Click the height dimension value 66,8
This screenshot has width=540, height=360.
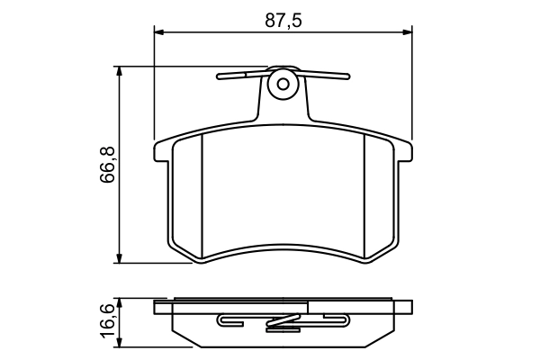pyautogui.click(x=107, y=165)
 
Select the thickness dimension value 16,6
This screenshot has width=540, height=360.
pyautogui.click(x=107, y=321)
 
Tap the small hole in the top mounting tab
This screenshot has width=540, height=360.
pyautogui.click(x=283, y=85)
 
